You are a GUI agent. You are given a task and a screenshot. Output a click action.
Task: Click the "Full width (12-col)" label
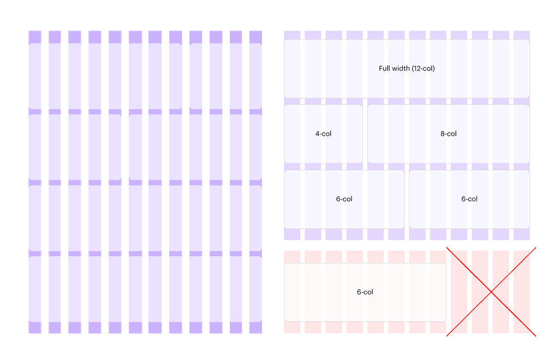pos(407,69)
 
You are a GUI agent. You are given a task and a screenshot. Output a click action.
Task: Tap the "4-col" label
pos(323,134)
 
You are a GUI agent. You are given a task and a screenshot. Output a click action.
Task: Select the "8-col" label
pos(448,134)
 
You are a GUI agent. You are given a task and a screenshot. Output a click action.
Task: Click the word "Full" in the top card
pos(385,69)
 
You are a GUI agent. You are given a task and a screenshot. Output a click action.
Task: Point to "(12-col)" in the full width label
pos(424,69)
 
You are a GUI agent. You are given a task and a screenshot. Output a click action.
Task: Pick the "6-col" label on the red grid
pos(365,292)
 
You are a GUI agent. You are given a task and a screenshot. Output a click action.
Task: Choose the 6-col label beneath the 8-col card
pos(469,199)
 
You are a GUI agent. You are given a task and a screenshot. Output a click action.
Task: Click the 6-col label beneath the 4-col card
pos(344,199)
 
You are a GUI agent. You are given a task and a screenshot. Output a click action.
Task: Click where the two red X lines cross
pos(491,292)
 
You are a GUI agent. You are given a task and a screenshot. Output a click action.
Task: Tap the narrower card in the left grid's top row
pos(225,76)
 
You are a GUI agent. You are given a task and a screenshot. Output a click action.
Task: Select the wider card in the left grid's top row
pos(105,76)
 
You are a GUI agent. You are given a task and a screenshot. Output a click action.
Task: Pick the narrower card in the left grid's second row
pos(75,147)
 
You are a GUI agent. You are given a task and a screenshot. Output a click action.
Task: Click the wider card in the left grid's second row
pos(195,147)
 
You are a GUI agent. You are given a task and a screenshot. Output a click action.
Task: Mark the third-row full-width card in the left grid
pos(145,218)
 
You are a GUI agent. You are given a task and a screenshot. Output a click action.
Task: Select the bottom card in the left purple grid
pos(145,289)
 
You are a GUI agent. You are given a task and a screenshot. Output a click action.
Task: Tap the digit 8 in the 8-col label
pos(442,134)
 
